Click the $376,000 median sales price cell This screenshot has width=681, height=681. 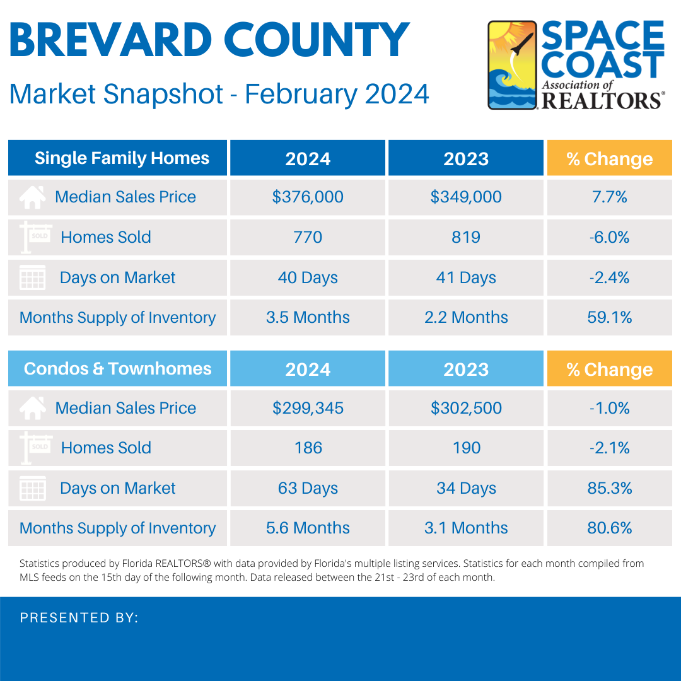click(308, 197)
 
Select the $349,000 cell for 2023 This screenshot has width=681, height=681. click(466, 197)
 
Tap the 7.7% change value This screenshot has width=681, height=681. click(609, 197)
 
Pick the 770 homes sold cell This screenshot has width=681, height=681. click(308, 237)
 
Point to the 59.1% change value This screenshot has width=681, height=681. click(609, 317)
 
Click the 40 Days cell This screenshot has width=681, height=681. click(308, 277)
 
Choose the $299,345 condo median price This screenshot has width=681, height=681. click(308, 408)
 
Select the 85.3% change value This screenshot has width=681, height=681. click(609, 488)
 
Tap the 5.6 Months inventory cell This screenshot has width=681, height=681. click(308, 528)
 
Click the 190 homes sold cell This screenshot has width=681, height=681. click(466, 448)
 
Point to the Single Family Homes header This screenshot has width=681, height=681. click(122, 158)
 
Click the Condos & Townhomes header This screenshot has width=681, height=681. click(118, 369)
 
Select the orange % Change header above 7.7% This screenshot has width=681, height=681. click(609, 159)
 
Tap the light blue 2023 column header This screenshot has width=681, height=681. click(466, 370)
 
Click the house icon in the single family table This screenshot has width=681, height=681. click(32, 197)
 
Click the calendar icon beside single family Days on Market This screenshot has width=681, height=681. click(32, 277)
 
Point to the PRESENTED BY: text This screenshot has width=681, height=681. click(79, 618)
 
